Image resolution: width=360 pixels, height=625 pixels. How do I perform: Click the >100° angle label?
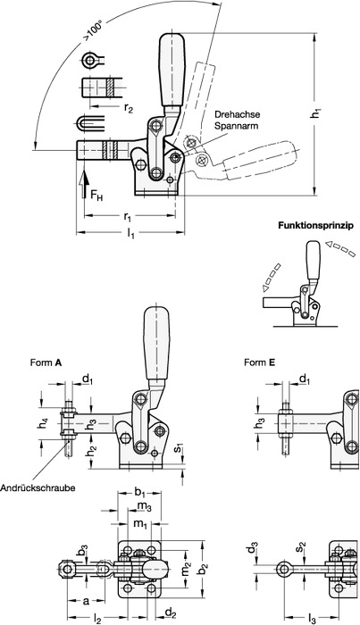pos(93,31)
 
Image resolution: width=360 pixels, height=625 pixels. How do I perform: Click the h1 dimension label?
pos(316,113)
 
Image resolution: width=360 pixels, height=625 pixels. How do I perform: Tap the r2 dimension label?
pos(128,109)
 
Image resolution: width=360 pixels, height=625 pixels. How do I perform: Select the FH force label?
pos(96,195)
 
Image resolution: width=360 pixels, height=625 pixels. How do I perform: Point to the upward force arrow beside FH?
pos(83,184)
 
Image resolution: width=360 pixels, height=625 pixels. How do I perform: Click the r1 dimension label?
pos(127,217)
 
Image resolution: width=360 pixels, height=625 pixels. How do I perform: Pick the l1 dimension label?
pos(130,234)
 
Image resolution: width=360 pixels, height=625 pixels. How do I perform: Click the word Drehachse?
pos(237,114)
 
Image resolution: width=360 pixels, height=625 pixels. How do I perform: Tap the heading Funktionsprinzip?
pos(315,225)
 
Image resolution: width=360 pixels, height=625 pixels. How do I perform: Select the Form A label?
pos(46,362)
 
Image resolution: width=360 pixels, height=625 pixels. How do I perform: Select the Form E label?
pos(260,362)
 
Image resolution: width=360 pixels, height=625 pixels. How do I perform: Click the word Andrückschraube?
pos(38,487)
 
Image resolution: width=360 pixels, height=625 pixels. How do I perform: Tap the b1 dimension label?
pos(139,493)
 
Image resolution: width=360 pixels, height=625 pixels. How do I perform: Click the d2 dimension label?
pos(171,614)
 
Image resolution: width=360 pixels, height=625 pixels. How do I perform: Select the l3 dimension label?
pos(313,619)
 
